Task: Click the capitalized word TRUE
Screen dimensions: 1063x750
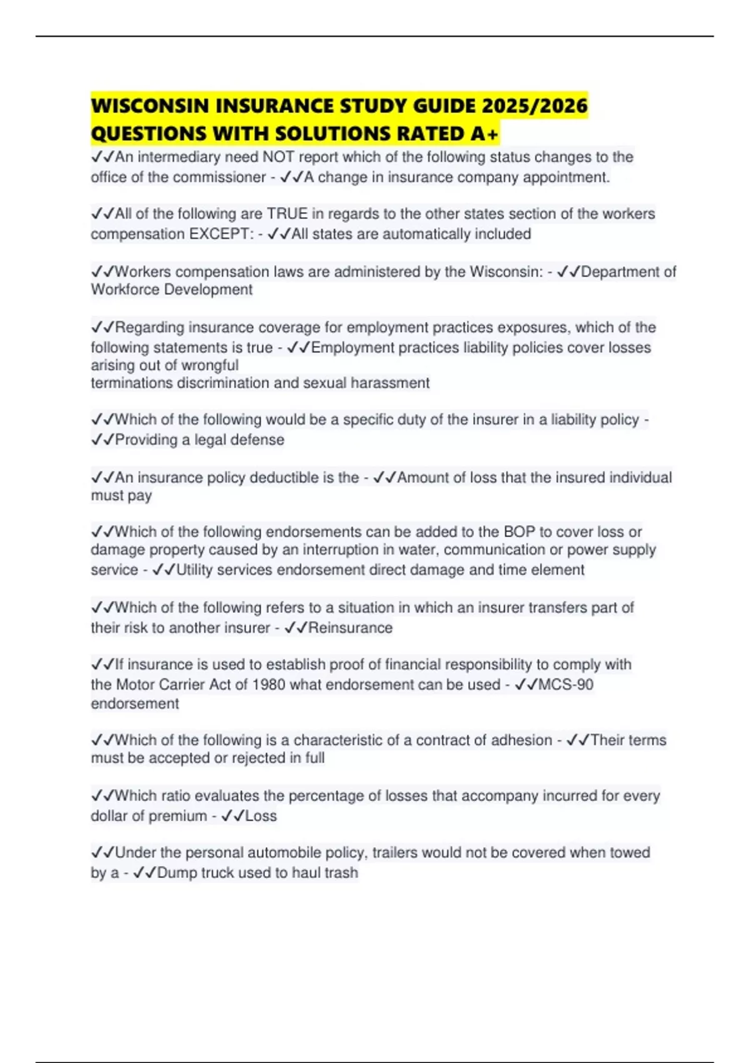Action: click(287, 214)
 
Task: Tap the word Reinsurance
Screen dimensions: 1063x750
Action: click(350, 628)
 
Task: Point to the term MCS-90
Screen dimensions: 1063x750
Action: click(566, 685)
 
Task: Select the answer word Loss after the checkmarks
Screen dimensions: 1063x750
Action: click(261, 816)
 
